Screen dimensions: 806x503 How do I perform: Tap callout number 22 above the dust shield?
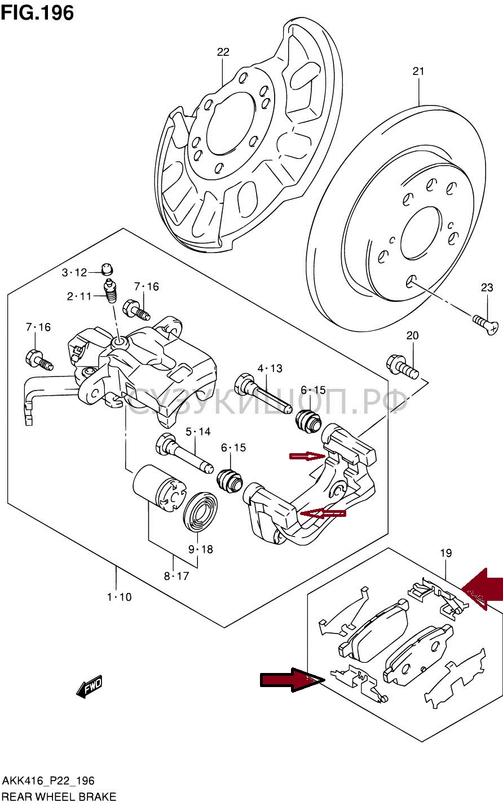pyautogui.click(x=223, y=52)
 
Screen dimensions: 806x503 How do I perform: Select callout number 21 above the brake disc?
pyautogui.click(x=418, y=72)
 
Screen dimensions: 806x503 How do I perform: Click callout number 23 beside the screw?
pyautogui.click(x=487, y=287)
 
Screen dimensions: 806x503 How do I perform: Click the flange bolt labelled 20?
pyautogui.click(x=401, y=367)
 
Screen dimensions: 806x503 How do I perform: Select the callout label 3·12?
pyautogui.click(x=74, y=273)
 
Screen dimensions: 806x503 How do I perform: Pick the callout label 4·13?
pyautogui.click(x=270, y=369)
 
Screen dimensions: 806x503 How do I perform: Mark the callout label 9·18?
pyautogui.click(x=201, y=549)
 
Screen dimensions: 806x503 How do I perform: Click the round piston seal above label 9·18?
pyautogui.click(x=201, y=512)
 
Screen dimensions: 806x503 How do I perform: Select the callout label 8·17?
pyautogui.click(x=177, y=576)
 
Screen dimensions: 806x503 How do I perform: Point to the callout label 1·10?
pyautogui.click(x=119, y=597)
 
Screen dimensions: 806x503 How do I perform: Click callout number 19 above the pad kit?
pyautogui.click(x=445, y=553)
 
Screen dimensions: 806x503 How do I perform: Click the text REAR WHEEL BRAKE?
pyautogui.click(x=59, y=797)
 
